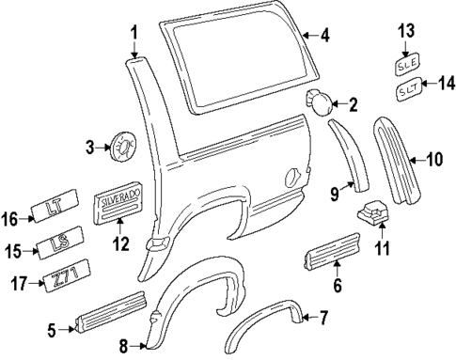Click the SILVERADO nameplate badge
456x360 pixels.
click(x=122, y=205)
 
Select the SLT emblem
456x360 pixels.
click(x=407, y=91)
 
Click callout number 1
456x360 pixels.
click(x=134, y=33)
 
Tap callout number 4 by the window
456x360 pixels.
click(x=324, y=38)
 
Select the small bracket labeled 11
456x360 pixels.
click(x=372, y=217)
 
